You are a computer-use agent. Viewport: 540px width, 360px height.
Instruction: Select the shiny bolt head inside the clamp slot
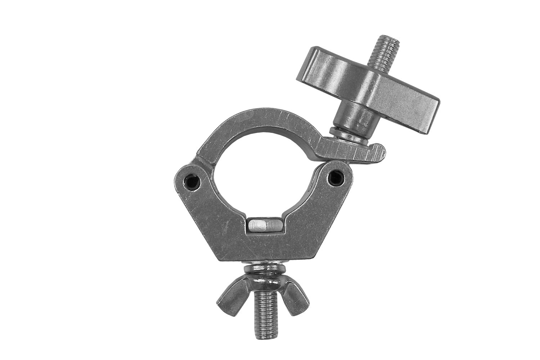click(265, 226)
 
